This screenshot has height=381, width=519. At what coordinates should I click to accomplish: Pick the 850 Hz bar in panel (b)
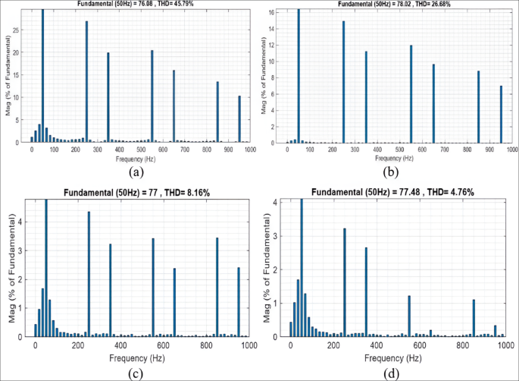[478, 106]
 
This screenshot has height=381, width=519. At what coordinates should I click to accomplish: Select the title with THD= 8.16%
[142, 193]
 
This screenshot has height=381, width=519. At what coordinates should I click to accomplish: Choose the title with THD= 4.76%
[398, 193]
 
